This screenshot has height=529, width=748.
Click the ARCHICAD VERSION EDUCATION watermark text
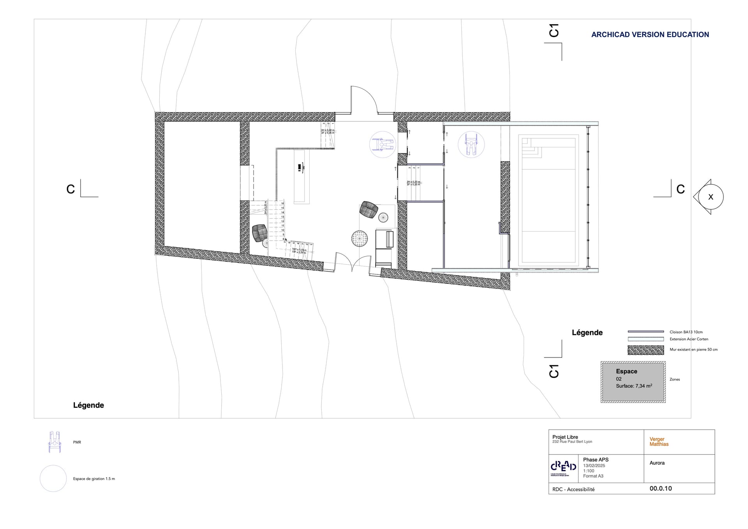click(650, 35)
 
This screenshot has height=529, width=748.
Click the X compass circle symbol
click(710, 197)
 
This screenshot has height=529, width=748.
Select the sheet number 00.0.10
click(660, 488)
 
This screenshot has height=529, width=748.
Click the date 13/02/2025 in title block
click(594, 465)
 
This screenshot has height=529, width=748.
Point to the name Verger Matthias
click(659, 441)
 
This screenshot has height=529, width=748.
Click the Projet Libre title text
click(565, 437)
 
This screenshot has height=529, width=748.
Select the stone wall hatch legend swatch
click(646, 350)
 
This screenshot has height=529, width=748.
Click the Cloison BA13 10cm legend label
click(686, 332)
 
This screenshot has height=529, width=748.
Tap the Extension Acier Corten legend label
click(689, 339)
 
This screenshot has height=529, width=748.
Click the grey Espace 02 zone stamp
click(633, 382)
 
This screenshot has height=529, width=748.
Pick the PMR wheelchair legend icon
click(55, 442)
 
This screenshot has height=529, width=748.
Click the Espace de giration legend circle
click(53, 478)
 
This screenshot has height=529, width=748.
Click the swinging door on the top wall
click(363, 100)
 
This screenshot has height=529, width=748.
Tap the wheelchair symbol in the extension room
click(471, 144)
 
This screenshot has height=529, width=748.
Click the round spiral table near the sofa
click(359, 239)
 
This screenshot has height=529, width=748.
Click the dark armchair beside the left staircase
click(259, 233)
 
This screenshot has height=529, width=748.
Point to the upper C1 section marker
click(554, 30)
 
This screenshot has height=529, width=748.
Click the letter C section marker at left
click(71, 189)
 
